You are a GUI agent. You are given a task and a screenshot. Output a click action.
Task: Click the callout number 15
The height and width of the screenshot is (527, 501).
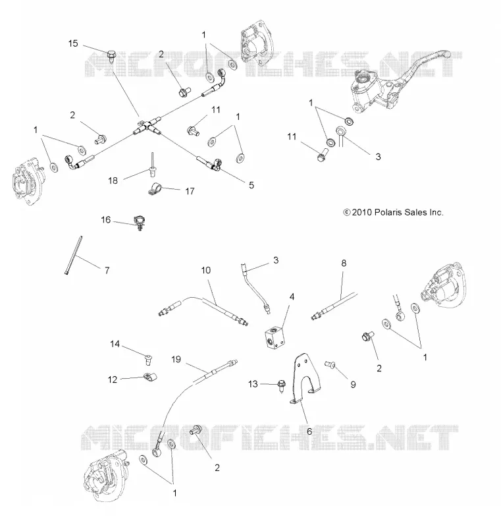(x=73, y=43)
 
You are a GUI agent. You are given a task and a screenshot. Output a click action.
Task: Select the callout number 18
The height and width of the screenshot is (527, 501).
(x=113, y=180)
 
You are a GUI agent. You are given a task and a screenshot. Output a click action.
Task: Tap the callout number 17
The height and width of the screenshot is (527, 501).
(x=190, y=191)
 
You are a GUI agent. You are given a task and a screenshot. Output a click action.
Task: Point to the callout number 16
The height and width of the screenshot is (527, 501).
(x=106, y=220)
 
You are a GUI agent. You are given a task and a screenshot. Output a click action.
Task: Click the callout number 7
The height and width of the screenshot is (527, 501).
(x=107, y=270)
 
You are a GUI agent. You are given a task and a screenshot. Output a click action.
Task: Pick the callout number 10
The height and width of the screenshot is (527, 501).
(x=206, y=270)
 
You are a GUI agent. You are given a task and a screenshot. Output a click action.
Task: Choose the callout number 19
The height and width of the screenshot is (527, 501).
(x=176, y=359)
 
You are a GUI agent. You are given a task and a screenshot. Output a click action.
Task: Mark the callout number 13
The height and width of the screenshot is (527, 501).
(x=253, y=384)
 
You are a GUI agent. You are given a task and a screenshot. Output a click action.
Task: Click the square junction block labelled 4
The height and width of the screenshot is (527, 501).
(x=274, y=337)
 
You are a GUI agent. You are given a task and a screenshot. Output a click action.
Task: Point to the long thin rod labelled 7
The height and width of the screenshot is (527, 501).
(x=74, y=256)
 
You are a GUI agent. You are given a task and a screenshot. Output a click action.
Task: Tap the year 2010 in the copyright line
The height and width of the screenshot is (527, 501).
(x=362, y=212)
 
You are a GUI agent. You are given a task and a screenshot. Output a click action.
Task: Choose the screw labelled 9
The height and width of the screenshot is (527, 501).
(x=330, y=364)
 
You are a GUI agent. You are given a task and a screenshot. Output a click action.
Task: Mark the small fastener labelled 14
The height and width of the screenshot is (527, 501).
(x=148, y=359)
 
